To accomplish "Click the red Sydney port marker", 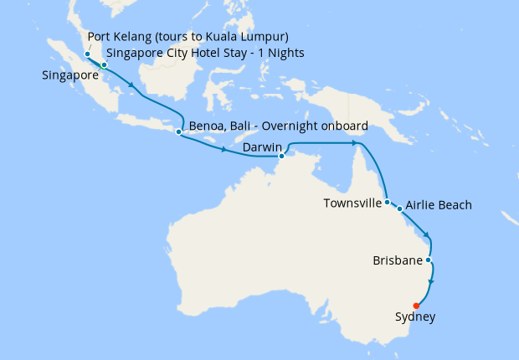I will point(416,306).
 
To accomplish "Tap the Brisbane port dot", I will point(429,260).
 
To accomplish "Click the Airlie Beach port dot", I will point(400,208).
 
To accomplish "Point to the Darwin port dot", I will point(281,156).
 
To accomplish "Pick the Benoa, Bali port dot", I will point(178,131).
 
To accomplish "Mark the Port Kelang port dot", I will point(87,54).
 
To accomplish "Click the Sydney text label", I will point(414,317).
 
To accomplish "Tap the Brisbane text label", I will point(397,260).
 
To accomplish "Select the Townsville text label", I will point(353,203).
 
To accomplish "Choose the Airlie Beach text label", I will point(439,205).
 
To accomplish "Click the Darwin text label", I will point(260,148).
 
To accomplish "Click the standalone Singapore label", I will point(68,75).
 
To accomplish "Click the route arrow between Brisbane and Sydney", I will point(431,283).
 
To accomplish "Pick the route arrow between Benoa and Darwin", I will point(224,151).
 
